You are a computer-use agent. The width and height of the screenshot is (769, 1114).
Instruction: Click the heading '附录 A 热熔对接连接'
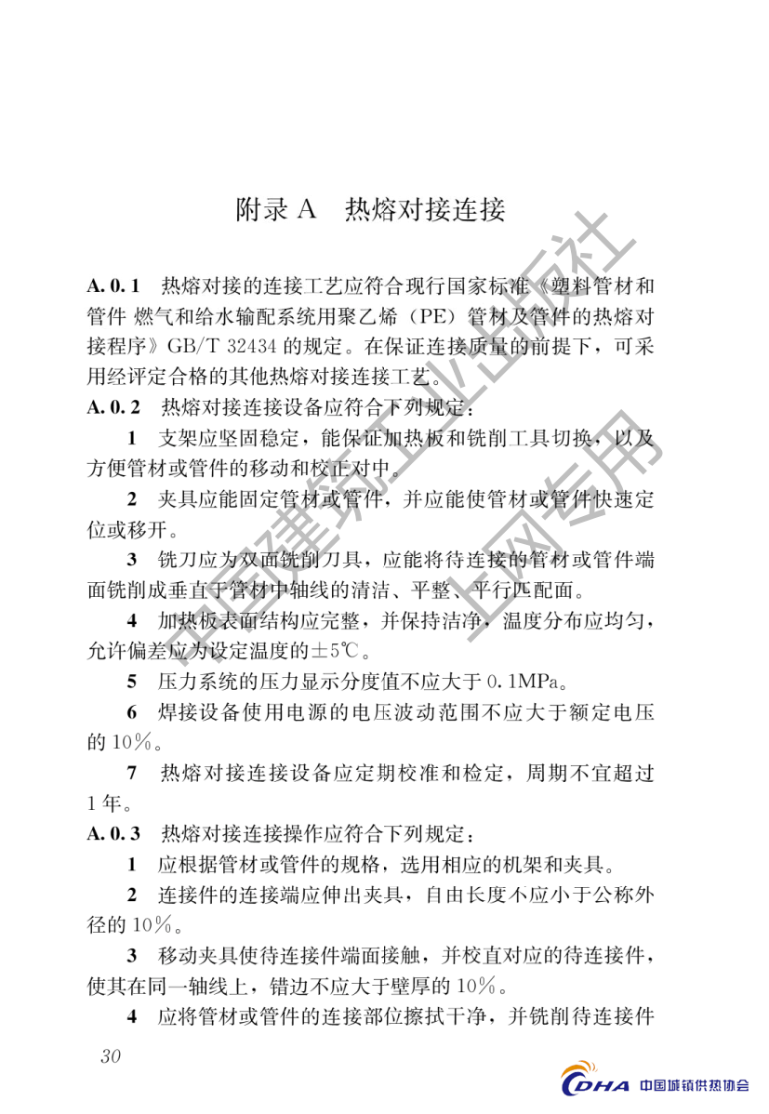coord(371,210)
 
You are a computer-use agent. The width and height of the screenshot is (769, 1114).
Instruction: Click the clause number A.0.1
coord(113,283)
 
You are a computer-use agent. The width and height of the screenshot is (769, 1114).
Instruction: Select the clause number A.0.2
coord(113,406)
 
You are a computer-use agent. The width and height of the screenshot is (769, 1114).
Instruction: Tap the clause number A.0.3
coord(113,834)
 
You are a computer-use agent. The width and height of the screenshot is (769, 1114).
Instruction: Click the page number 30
coord(110,1056)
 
